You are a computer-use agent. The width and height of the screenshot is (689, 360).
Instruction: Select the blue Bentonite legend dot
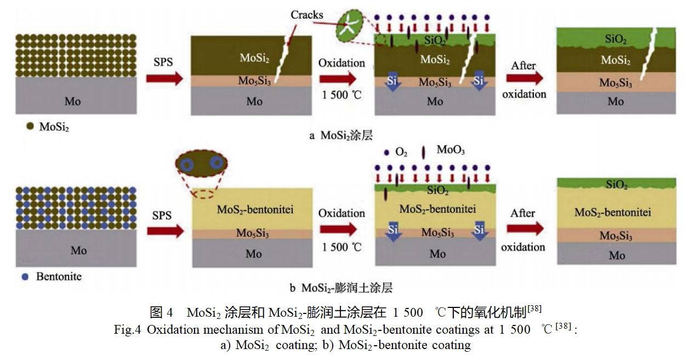[x=25, y=277]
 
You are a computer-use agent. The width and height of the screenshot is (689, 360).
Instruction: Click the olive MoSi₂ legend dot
[x=29, y=127]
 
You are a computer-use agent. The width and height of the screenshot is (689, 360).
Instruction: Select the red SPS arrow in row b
[x=163, y=231]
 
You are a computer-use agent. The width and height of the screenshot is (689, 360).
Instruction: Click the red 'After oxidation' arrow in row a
[x=524, y=78]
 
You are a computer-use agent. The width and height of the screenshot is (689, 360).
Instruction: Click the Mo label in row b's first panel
[x=79, y=250]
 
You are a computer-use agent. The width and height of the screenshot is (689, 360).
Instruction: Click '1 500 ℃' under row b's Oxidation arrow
[x=342, y=247]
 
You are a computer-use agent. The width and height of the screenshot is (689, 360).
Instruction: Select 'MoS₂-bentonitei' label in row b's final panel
[x=612, y=212]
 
